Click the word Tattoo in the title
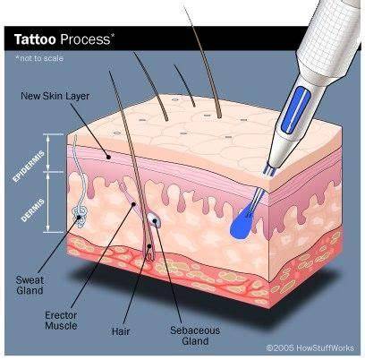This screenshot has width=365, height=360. (x=35, y=39)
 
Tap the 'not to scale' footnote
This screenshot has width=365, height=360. (x=39, y=58)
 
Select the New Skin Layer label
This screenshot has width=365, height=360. (x=55, y=96)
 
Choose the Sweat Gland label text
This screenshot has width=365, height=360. (x=30, y=285)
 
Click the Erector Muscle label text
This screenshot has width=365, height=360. (x=61, y=321)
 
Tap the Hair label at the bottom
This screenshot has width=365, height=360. (x=121, y=331)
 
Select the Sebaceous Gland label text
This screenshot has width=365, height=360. (x=195, y=336)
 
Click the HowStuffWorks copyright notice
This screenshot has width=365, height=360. (x=310, y=347)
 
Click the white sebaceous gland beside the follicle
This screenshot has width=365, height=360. (x=154, y=220)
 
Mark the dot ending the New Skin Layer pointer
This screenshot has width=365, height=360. (x=108, y=157)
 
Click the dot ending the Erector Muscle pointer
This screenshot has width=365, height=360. (x=133, y=204)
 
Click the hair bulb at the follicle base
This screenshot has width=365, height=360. (x=149, y=250)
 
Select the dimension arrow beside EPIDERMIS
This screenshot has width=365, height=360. (x=47, y=153)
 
